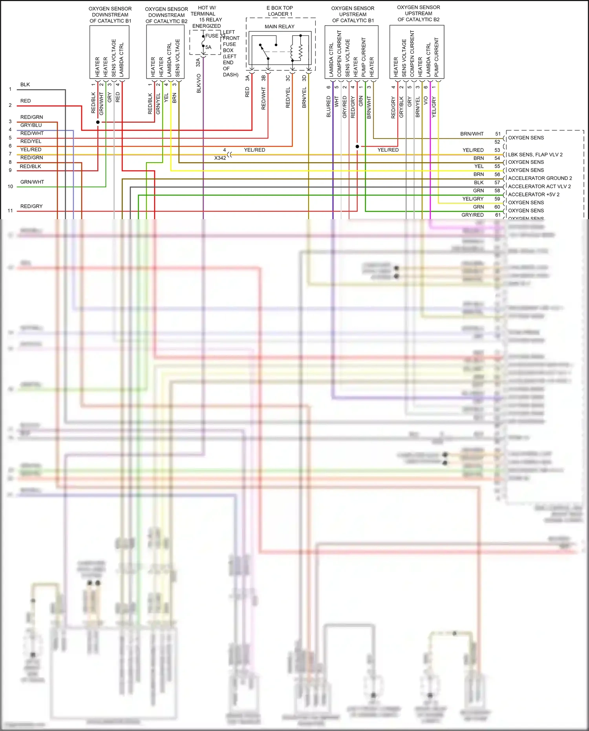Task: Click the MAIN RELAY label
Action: click(279, 27)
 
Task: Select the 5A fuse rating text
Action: click(208, 47)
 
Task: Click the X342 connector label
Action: click(220, 158)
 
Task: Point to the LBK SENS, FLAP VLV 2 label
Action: click(535, 154)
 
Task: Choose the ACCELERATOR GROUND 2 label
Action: click(540, 178)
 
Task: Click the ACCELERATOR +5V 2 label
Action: click(534, 194)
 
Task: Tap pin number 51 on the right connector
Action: click(498, 134)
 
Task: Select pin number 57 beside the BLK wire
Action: click(498, 183)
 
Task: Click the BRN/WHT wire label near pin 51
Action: click(472, 134)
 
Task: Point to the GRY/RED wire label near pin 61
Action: click(472, 215)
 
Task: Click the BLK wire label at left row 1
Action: click(25, 84)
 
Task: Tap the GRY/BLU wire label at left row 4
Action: click(31, 125)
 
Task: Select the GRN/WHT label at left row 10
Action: click(32, 182)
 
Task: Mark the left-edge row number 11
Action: click(10, 211)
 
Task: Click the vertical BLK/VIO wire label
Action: click(199, 83)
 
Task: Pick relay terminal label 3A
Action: click(247, 78)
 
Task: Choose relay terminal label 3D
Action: click(304, 78)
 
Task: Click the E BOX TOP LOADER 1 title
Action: click(280, 11)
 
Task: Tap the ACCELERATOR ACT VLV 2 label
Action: click(540, 187)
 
